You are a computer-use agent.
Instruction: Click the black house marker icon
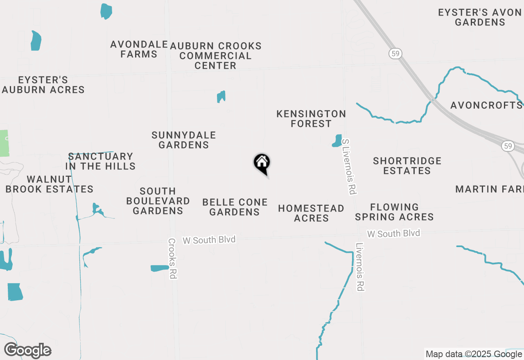[262, 163]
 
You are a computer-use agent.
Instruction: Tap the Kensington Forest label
[311, 119]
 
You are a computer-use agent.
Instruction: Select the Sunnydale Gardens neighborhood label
[183, 140]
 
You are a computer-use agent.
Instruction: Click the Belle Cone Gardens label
[235, 207]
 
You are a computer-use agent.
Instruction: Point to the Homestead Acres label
[311, 213]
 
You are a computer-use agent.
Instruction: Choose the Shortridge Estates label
[407, 166]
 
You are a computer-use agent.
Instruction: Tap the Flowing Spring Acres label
[394, 212]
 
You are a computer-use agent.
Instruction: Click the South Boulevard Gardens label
[158, 201]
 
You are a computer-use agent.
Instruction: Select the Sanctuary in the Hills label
[101, 161]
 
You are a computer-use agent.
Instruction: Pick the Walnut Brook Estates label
[50, 184]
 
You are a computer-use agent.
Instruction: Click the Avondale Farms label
[139, 49]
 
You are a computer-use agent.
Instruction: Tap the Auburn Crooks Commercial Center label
[216, 56]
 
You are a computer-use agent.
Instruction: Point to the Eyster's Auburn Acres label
[43, 85]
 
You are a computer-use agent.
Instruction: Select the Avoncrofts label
[486, 106]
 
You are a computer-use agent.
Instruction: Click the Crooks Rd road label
[172, 259]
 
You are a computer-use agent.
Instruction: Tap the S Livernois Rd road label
[350, 166]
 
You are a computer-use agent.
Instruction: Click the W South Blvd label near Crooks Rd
[209, 240]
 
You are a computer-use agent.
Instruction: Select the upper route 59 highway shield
[395, 54]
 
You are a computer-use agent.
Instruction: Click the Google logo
[27, 351]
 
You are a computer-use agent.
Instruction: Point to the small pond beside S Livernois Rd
[337, 140]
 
